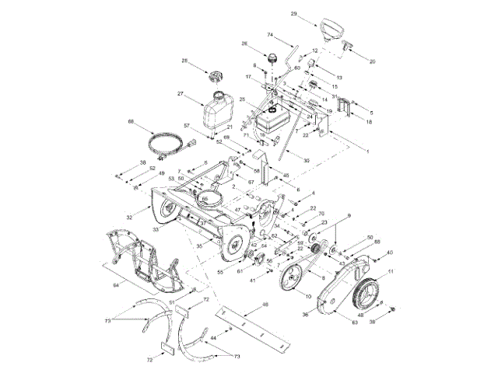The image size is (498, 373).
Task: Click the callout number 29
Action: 315,14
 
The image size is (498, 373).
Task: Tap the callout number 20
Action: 372,61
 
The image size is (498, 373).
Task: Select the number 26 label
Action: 244,44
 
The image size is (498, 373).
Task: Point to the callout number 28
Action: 185,61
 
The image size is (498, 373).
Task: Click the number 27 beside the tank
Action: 180,94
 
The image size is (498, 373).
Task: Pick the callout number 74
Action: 270,36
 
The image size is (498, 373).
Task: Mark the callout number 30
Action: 306,160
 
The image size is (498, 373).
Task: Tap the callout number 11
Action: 391,270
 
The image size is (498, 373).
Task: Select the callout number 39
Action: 371,322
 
